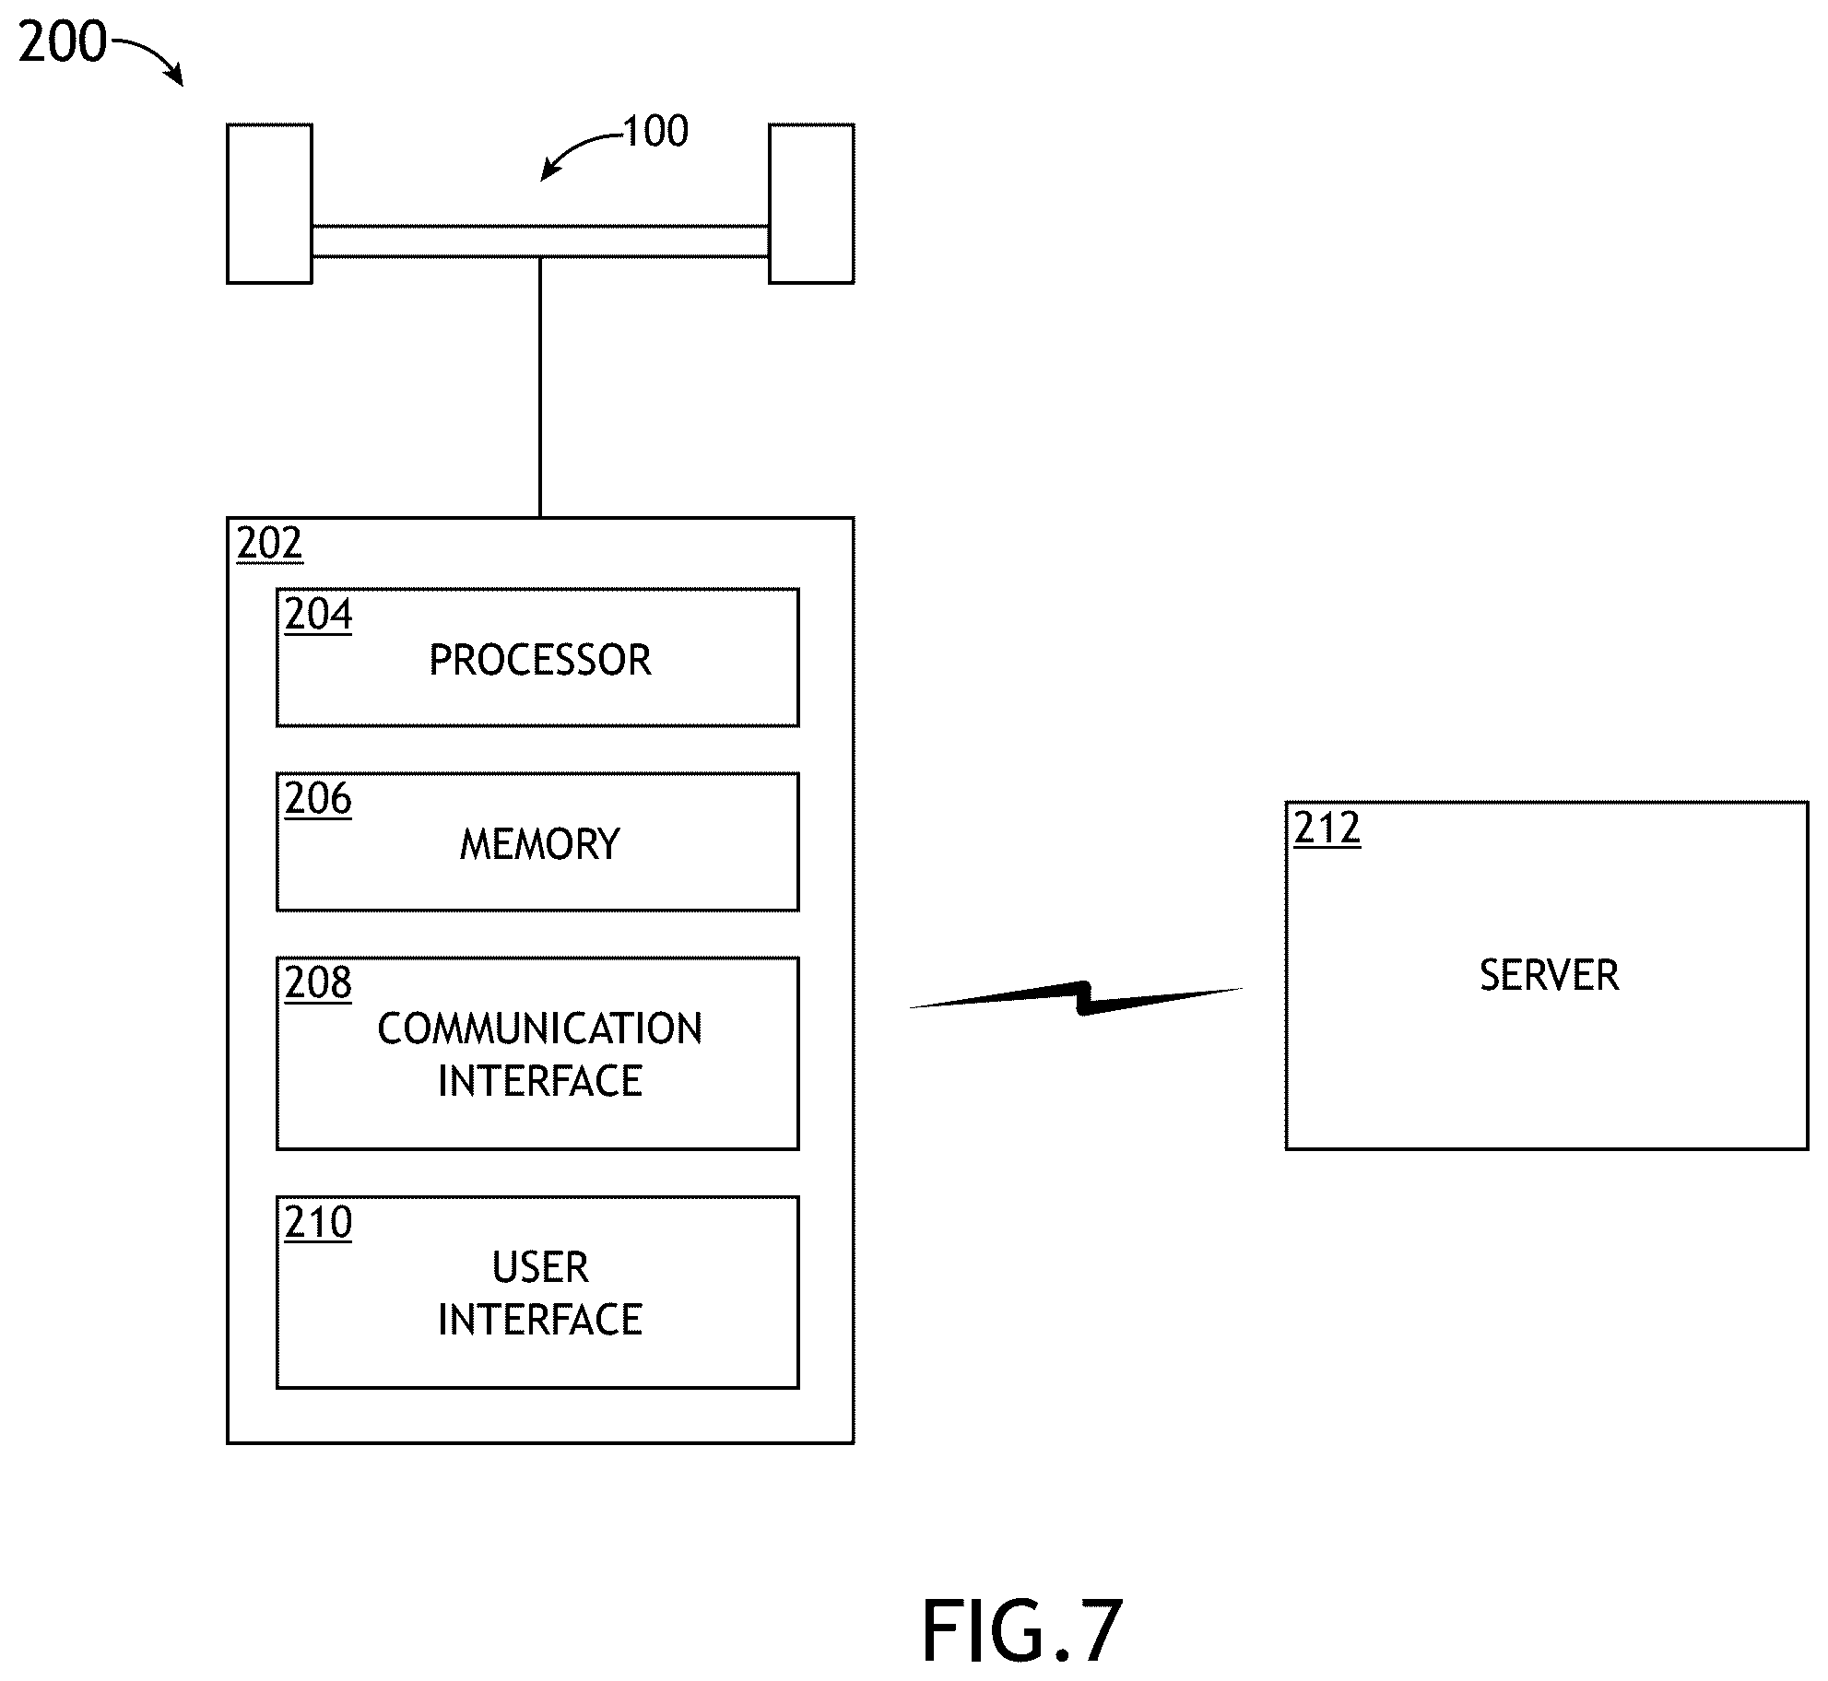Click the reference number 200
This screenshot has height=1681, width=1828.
(x=63, y=42)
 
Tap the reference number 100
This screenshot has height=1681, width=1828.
(x=656, y=132)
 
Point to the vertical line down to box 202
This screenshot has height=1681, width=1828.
(x=540, y=387)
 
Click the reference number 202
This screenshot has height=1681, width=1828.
(x=269, y=544)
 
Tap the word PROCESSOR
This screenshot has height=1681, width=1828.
(x=540, y=660)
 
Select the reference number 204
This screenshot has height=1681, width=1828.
(x=318, y=614)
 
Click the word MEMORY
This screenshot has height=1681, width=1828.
(x=540, y=844)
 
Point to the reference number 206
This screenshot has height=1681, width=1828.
(x=318, y=798)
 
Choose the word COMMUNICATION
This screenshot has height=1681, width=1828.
(x=540, y=1029)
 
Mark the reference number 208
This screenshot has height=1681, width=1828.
(x=318, y=982)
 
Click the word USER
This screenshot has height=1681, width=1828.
(x=540, y=1267)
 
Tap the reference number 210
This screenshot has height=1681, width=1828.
(x=318, y=1222)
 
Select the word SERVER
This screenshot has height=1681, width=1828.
(x=1550, y=975)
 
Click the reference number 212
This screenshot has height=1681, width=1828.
(x=1327, y=828)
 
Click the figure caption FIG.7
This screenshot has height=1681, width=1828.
(x=1022, y=1630)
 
